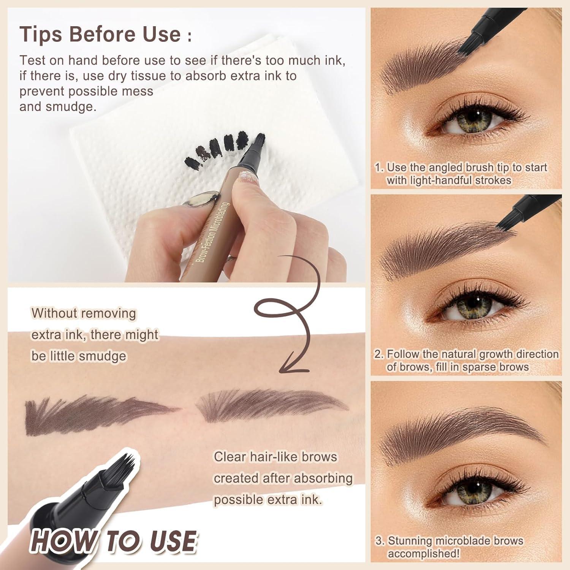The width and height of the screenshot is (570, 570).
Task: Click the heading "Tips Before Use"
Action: click(101, 34)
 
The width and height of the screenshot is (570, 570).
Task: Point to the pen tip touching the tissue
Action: click(260, 139)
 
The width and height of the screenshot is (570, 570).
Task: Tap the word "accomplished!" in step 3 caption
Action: click(423, 554)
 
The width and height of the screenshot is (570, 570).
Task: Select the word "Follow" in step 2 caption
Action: click(403, 354)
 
